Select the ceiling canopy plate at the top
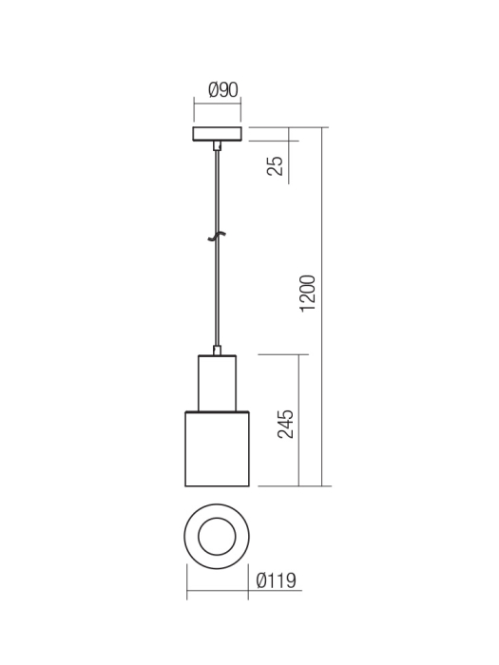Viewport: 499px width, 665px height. (218, 133)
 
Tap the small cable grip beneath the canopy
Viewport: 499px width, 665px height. (218, 146)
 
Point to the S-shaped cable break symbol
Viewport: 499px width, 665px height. (218, 236)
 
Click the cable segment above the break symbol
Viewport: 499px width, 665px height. (218, 190)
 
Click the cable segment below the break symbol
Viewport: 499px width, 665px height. (218, 294)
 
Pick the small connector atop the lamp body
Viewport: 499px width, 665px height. (218, 351)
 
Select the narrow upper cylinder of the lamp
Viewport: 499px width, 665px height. (218, 383)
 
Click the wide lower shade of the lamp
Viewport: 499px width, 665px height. (218, 448)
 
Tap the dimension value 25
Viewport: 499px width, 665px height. (276, 165)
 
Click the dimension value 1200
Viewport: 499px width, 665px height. (307, 294)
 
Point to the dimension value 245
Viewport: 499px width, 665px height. (284, 424)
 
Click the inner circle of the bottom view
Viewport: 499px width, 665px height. (218, 537)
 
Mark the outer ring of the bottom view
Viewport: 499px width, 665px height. (193, 537)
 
